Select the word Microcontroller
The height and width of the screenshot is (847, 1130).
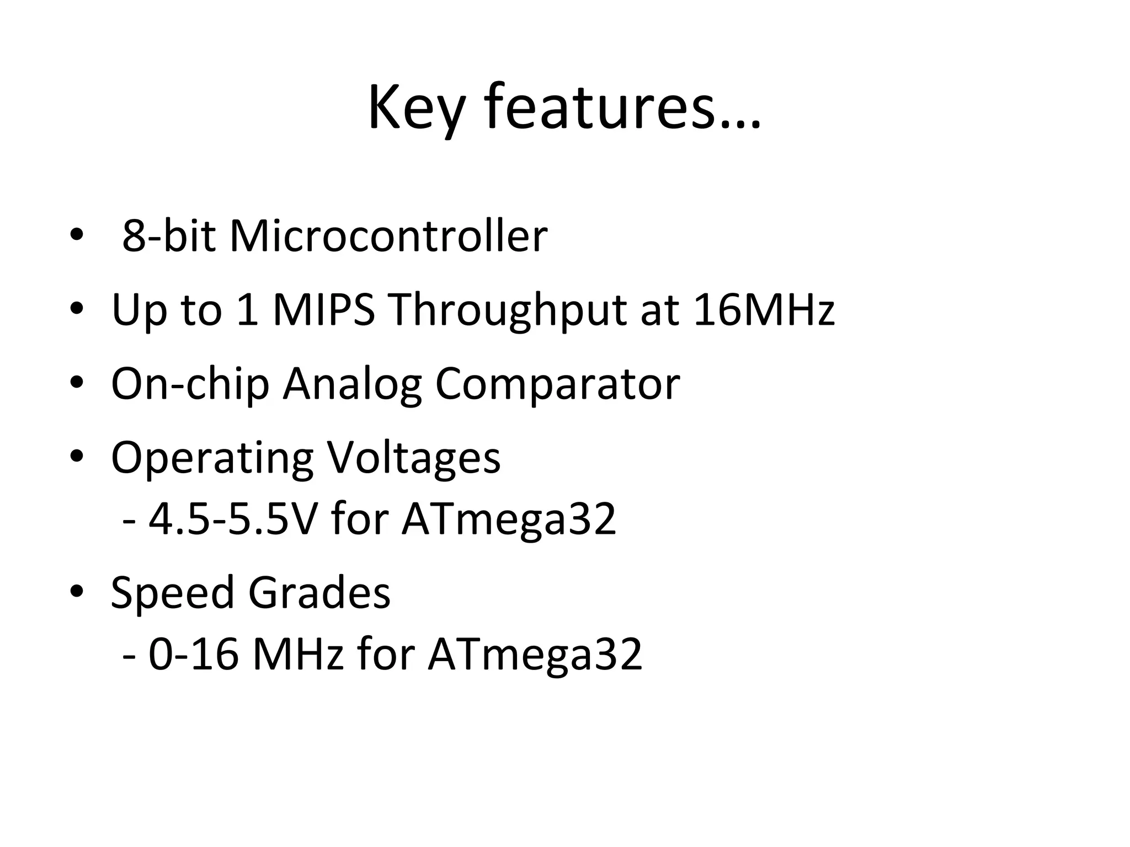[x=388, y=236]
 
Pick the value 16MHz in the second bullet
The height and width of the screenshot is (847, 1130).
[x=764, y=309]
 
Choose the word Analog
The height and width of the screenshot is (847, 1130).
[x=353, y=385]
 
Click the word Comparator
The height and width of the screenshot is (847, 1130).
[x=557, y=385]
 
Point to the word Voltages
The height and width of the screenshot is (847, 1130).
[x=414, y=458]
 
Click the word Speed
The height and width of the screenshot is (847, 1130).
[x=173, y=593]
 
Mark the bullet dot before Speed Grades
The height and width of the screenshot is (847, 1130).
[x=77, y=591]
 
